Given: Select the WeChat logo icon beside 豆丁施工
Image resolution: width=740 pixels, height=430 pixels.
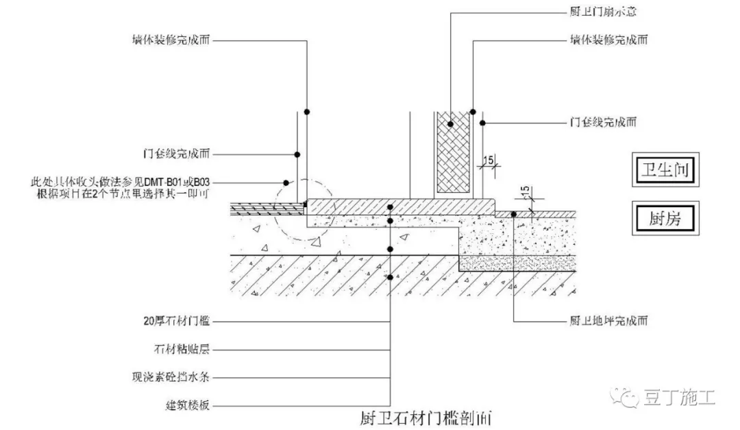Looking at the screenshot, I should coord(626,396).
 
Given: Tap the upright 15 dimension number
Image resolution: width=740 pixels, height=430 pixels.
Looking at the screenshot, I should coord(489,160).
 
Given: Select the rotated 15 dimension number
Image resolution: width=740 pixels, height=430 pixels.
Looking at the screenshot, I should coord(525,194).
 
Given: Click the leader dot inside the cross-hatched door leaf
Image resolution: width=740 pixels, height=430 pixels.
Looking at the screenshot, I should coord(451,123).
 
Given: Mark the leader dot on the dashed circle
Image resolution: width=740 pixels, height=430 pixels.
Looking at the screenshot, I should coord(286,182).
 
